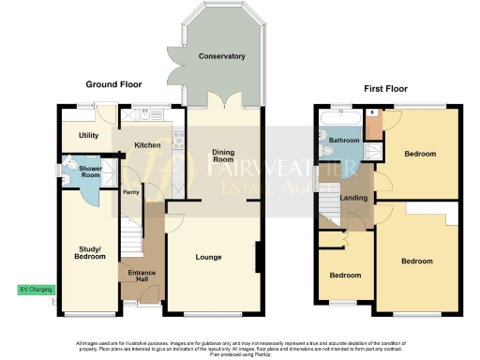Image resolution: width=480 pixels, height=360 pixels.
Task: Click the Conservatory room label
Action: (x=221, y=57)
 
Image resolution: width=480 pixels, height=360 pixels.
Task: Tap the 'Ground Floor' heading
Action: (x=113, y=84)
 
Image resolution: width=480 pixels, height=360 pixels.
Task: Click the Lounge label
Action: (x=207, y=255)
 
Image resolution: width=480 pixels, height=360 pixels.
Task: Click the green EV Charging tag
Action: (x=36, y=290)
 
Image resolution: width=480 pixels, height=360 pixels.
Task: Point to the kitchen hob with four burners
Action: (x=176, y=138)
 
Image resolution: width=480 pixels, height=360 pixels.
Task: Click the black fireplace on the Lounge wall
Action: (x=257, y=258)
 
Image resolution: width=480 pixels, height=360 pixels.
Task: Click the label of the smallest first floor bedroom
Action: (x=345, y=276)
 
